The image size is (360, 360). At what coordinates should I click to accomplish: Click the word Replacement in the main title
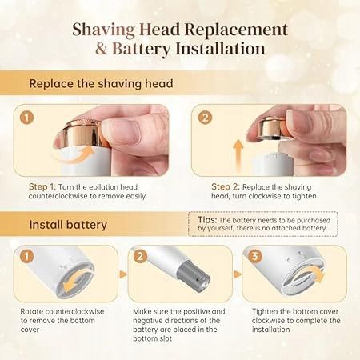(x=236, y=29)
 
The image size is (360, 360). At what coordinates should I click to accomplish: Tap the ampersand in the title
(x=102, y=49)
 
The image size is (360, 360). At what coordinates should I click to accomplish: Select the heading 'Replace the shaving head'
(x=101, y=84)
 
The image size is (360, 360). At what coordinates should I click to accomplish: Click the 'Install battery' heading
(x=68, y=225)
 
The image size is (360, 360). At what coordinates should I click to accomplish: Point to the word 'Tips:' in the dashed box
(x=207, y=220)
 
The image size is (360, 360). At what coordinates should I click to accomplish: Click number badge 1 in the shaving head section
(x=26, y=118)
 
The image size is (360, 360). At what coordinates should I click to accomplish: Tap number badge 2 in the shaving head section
(x=205, y=118)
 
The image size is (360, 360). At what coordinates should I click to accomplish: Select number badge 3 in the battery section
(x=255, y=256)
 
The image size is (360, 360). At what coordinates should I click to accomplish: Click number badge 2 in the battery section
(x=140, y=256)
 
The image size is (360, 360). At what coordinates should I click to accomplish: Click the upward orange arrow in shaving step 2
(x=238, y=156)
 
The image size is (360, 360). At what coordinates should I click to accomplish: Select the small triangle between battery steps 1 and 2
(x=123, y=274)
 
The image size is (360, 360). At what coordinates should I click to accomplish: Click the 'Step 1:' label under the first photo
(x=42, y=186)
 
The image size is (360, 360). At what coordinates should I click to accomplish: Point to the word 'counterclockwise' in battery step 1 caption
(x=75, y=311)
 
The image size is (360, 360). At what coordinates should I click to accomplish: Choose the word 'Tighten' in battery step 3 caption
(x=265, y=311)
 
